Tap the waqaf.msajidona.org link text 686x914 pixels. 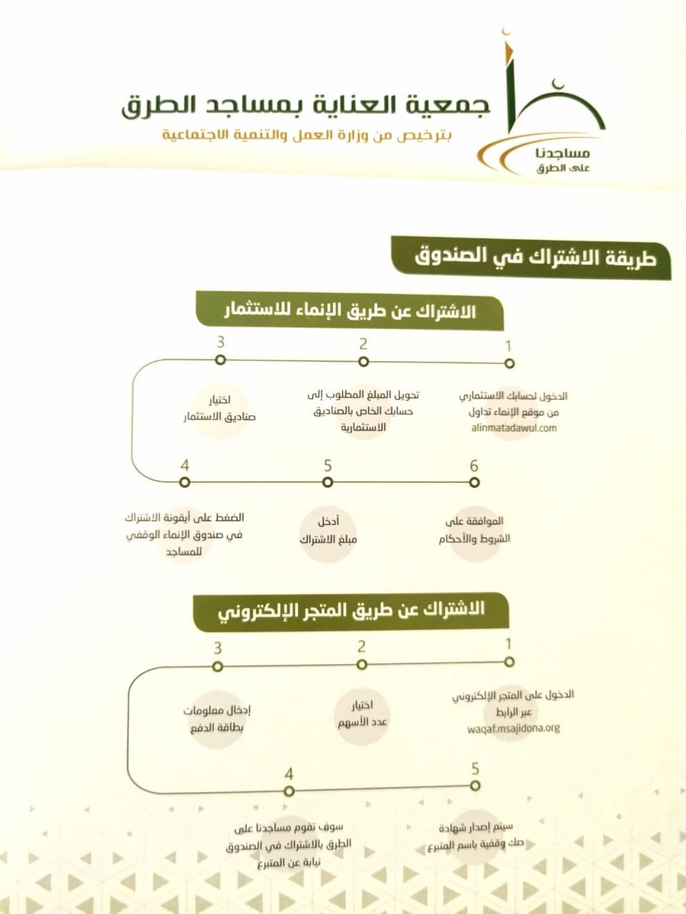(513, 727)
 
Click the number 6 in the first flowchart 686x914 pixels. (473, 464)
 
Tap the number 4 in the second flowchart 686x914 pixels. (289, 775)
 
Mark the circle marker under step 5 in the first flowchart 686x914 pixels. (328, 482)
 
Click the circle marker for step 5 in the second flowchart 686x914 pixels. (475, 785)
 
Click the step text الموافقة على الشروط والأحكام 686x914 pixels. (474, 532)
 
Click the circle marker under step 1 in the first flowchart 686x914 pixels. (509, 364)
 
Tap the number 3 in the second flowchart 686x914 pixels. (218, 649)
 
